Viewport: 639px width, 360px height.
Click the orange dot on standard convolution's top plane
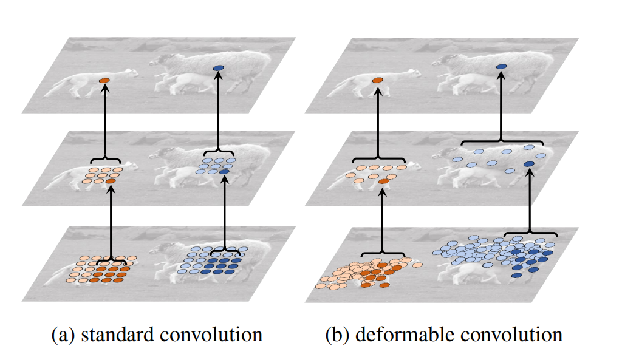point(104,80)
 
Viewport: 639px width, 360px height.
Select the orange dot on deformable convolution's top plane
point(377,80)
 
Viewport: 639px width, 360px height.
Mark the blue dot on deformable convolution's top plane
point(501,66)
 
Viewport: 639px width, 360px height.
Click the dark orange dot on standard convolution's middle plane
point(111,181)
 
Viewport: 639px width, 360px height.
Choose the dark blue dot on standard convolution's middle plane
point(225,172)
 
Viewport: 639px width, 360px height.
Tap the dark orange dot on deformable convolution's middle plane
point(383,181)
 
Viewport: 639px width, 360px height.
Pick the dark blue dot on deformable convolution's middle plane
point(529,165)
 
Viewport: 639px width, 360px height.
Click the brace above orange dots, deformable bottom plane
point(383,253)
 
